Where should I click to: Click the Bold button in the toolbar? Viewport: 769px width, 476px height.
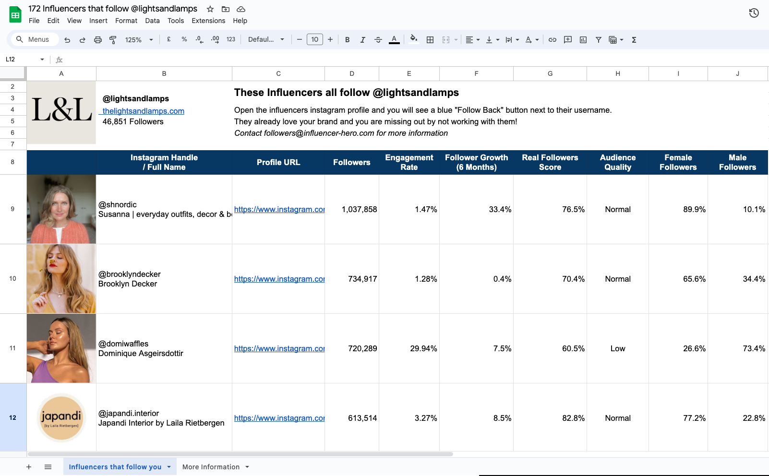point(347,40)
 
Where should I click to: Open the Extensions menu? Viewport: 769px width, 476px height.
point(208,21)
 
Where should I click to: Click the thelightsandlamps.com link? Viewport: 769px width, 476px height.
point(143,111)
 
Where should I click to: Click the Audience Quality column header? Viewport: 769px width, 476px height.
point(617,162)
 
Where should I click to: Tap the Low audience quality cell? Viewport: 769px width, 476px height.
point(617,348)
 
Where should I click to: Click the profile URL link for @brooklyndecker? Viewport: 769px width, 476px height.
point(279,279)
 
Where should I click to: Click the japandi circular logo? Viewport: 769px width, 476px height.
point(61,417)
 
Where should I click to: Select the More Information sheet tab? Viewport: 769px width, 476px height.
point(211,467)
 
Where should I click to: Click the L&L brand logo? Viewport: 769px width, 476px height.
point(61,110)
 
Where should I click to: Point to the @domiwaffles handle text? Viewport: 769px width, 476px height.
point(123,344)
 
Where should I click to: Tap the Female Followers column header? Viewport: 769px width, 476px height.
point(678,162)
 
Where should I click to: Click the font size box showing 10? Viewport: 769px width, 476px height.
point(314,40)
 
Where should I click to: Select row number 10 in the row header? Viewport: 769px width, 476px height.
point(13,279)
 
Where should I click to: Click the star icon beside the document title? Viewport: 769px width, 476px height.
point(210,9)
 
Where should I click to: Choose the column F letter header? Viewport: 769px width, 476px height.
point(476,73)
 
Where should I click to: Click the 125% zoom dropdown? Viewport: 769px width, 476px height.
point(139,40)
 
